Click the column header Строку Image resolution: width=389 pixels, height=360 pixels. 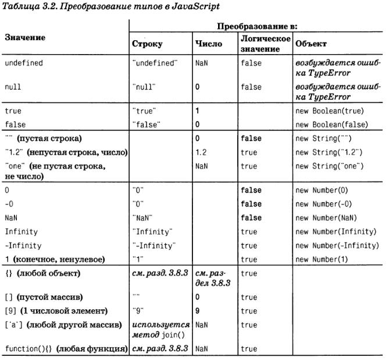147,44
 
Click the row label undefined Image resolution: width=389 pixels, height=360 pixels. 24,62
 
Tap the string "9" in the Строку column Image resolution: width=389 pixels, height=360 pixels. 138,311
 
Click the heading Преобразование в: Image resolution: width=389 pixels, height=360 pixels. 257,27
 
